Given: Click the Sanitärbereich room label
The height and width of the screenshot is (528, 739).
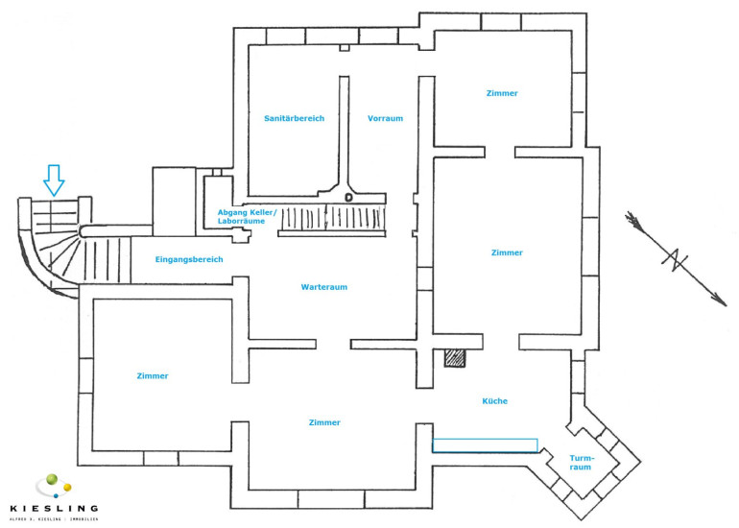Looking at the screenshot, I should [295, 118].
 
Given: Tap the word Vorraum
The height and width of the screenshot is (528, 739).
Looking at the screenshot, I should [385, 118].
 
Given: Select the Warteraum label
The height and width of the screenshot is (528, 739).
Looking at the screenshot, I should [323, 287].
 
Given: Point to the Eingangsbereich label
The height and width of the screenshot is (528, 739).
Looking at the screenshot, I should [189, 259].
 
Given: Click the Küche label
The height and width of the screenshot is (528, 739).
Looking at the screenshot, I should [495, 400].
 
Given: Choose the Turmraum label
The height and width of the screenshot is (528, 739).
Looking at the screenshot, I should [582, 464].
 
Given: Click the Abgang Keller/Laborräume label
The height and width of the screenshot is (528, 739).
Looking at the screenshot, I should [247, 216].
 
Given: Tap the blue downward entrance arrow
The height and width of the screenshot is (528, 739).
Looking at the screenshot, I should [54, 180].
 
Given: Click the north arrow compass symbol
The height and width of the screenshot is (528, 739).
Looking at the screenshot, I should [676, 258].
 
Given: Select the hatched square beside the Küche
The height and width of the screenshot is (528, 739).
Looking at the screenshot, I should [455, 357].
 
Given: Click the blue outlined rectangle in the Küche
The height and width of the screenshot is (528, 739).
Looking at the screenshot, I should [485, 444].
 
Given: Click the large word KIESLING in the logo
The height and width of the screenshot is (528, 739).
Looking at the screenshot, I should [53, 507].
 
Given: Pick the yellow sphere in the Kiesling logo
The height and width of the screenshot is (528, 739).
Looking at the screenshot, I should [66, 489].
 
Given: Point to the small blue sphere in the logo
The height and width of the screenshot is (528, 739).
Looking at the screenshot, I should [56, 494].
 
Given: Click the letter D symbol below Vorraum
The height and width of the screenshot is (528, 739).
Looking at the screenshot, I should [348, 198].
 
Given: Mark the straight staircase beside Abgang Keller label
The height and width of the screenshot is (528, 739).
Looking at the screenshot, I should [332, 221].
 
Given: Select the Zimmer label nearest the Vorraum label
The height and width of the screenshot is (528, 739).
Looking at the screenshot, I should [502, 93].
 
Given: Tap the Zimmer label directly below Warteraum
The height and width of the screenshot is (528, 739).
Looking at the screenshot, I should [324, 422].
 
